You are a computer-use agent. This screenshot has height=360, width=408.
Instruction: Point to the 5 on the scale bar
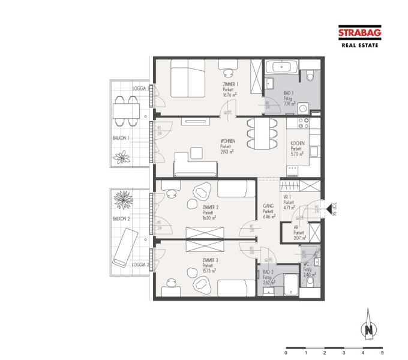tap(382, 354)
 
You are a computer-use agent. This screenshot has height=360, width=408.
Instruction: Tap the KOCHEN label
tap(298, 144)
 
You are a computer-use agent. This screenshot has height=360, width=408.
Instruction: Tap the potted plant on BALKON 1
tap(122, 158)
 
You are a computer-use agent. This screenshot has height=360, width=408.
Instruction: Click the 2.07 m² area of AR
tap(299, 238)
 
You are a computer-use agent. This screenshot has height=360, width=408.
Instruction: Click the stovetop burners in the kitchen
tap(304, 123)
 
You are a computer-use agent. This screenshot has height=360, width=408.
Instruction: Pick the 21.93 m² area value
tap(227, 151)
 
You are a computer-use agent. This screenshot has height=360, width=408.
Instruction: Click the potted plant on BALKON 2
tap(124, 199)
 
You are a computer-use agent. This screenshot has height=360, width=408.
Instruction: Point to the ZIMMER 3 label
tap(209, 260)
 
